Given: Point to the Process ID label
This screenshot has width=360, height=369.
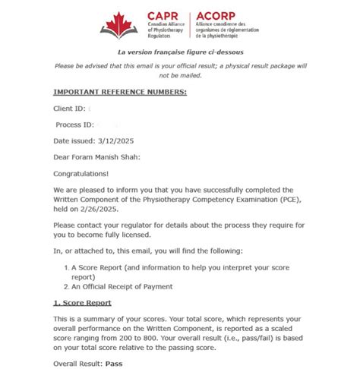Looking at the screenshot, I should tap(74, 125).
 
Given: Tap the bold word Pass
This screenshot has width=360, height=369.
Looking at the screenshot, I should tap(115, 364).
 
